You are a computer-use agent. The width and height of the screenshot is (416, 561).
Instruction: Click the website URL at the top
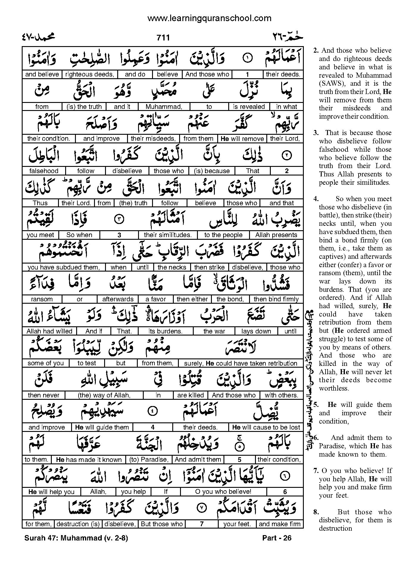point(209,18)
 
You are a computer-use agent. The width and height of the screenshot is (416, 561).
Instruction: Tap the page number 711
point(163,38)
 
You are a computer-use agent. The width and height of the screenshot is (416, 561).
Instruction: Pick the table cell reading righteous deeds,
point(90,74)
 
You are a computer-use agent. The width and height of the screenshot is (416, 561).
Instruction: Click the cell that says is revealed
point(249,106)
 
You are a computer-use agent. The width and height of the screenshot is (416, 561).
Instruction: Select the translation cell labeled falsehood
point(44,171)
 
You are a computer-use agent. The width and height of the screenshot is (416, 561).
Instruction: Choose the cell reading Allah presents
point(276,235)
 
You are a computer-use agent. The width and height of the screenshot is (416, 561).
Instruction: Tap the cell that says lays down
point(256,331)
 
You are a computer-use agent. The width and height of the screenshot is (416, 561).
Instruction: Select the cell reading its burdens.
point(165,331)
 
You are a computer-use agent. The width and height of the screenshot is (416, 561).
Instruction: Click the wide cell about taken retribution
point(241,363)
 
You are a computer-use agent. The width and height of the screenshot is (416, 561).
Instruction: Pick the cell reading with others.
point(281,395)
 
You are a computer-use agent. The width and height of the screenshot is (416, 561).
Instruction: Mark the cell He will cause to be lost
point(266,427)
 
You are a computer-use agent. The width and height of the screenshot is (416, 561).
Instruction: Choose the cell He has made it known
point(89,460)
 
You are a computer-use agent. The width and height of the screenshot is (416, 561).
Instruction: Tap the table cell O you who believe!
point(223,492)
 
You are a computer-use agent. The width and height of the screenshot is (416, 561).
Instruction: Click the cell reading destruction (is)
point(78,524)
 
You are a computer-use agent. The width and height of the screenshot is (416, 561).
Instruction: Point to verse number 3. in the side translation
point(316,133)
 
